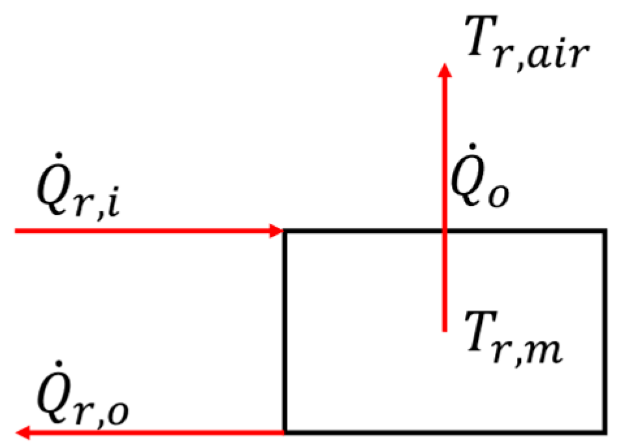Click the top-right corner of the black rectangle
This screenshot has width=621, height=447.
click(x=605, y=231)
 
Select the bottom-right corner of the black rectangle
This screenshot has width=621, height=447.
click(x=605, y=431)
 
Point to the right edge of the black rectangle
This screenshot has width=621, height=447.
click(x=605, y=331)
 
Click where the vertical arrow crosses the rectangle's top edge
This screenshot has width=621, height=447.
click(x=445, y=231)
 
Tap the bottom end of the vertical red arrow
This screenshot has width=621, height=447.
click(x=445, y=331)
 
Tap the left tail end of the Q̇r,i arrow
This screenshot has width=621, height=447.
click(x=16, y=231)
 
